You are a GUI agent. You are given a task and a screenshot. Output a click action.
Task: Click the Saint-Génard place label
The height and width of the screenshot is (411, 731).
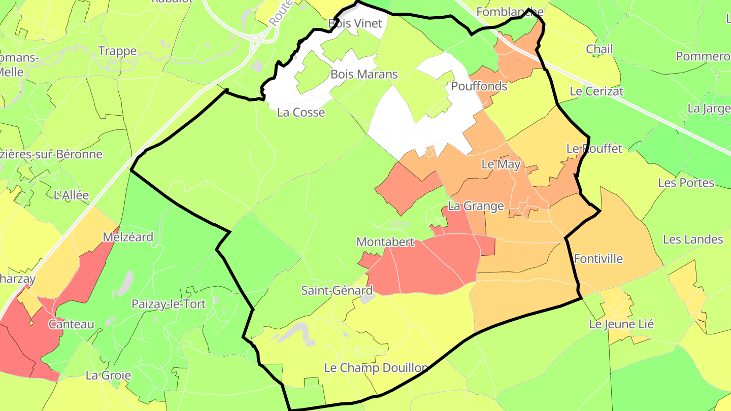337,291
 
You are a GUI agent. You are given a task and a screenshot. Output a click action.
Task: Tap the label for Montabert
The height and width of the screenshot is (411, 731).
385,242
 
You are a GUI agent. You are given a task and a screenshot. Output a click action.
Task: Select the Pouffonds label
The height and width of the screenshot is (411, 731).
479,86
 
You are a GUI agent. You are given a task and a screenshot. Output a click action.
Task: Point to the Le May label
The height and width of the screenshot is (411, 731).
501,164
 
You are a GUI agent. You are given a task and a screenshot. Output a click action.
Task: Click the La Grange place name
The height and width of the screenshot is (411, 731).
476,206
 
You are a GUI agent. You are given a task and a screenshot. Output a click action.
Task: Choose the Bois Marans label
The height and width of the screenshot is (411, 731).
364,74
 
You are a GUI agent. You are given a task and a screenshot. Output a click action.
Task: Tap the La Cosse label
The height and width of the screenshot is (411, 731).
301,112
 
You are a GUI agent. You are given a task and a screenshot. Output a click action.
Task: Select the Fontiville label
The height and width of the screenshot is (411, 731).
598,259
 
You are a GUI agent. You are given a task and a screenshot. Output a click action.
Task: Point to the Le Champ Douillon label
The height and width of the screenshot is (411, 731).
376,368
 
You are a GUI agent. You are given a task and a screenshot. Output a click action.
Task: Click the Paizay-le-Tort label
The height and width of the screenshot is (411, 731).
169,304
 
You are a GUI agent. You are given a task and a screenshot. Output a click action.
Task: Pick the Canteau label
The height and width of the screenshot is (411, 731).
72,324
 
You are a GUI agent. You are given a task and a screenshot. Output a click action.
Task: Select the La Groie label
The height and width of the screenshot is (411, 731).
108,375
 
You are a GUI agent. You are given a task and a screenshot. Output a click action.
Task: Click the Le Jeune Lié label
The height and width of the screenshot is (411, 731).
621,324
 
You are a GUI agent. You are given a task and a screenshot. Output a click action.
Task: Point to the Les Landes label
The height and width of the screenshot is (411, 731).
693,239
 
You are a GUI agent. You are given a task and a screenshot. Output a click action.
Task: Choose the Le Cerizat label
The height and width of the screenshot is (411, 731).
596,92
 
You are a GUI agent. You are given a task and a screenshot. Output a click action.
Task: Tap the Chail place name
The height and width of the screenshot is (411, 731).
599,49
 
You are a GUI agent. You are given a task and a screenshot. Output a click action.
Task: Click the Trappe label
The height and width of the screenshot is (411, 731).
117,51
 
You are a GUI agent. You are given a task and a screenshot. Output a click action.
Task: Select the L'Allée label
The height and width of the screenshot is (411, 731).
71,195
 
